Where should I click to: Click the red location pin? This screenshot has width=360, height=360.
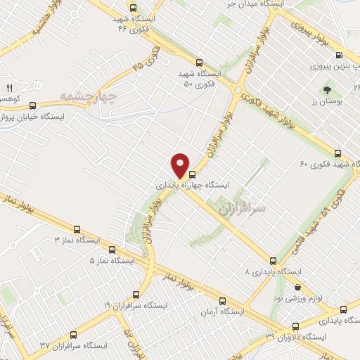pos(181,165)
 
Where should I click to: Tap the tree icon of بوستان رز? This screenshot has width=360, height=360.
pos(328,90)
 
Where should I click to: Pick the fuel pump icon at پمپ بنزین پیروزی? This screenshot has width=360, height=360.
pos(339,54)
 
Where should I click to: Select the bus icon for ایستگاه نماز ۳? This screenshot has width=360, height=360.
pos(77,229)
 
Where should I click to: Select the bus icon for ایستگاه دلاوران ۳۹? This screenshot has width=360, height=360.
pos(293,327)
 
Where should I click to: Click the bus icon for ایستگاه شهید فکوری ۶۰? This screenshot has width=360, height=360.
pos(338,153)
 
